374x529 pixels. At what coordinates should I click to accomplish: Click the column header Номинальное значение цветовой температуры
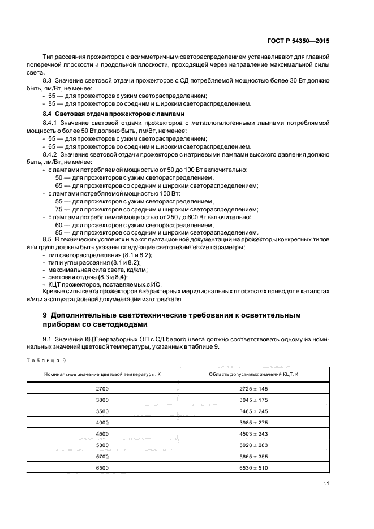click(102, 375)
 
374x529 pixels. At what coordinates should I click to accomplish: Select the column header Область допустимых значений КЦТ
click(253, 375)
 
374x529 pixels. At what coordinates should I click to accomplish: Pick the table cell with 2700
click(102, 389)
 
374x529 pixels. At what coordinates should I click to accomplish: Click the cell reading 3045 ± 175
click(253, 400)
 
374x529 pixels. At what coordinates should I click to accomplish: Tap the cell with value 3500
click(102, 411)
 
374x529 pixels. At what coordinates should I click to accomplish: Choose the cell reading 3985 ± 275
click(253, 422)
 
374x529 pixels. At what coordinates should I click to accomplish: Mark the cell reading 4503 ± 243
click(253, 433)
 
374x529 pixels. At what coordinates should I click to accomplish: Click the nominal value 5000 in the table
click(102, 445)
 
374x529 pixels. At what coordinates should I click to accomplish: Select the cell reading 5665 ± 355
click(253, 456)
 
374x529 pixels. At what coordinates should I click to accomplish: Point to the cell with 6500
click(102, 467)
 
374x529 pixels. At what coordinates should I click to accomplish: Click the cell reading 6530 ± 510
click(253, 467)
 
